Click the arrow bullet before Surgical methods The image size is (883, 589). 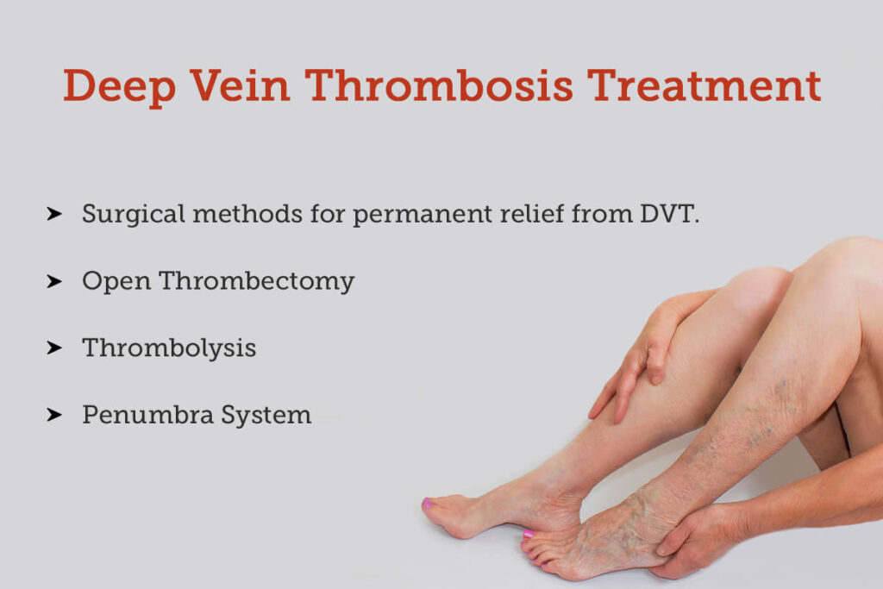(x=54, y=213)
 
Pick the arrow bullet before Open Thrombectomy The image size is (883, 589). (x=54, y=280)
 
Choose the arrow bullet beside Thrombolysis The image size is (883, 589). (x=54, y=348)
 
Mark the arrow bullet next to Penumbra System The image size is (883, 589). (x=54, y=415)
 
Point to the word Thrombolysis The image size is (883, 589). (x=169, y=348)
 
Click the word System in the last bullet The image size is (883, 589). (x=266, y=416)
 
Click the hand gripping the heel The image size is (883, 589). (x=698, y=539)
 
